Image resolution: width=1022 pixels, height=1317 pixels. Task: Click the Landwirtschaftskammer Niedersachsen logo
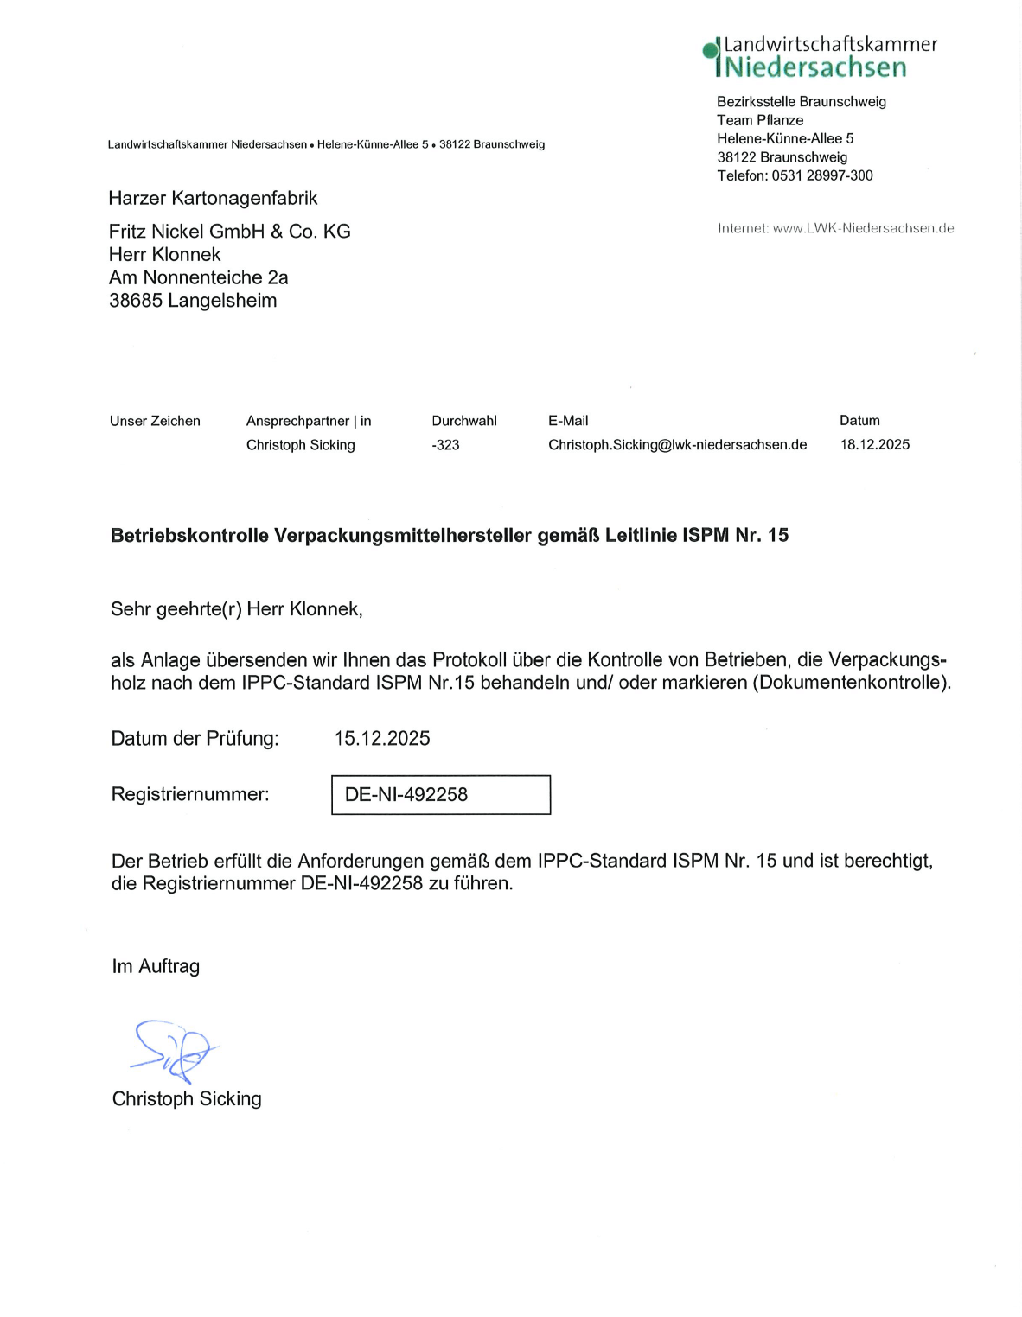coord(820,57)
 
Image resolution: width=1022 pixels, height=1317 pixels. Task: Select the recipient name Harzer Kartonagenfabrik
coord(213,198)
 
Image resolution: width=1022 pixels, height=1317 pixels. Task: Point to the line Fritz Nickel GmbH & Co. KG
coord(229,232)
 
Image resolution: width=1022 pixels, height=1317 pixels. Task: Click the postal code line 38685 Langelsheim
coord(193,301)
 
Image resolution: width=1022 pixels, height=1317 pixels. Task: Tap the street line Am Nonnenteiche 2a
coord(198,277)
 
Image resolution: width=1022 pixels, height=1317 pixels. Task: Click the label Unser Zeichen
coord(155,421)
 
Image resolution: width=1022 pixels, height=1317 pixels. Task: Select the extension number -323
coord(445,445)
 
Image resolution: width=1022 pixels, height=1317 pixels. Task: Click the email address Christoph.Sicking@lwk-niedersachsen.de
coord(677,445)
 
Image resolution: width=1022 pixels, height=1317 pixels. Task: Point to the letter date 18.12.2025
coord(874,444)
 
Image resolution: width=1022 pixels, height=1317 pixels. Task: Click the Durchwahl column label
coord(464,421)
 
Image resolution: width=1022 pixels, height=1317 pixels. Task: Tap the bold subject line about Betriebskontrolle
coord(449,535)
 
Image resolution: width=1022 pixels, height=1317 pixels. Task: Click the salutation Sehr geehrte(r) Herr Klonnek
coord(236,609)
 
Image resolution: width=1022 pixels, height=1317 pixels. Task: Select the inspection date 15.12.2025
coord(382,738)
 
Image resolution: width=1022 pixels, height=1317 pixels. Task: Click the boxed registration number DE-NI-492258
coord(440,794)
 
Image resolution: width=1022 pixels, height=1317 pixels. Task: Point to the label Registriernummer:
coord(190,794)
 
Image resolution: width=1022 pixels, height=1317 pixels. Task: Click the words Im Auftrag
coord(156,966)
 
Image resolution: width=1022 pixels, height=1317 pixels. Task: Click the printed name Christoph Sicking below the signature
coord(187,1098)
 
